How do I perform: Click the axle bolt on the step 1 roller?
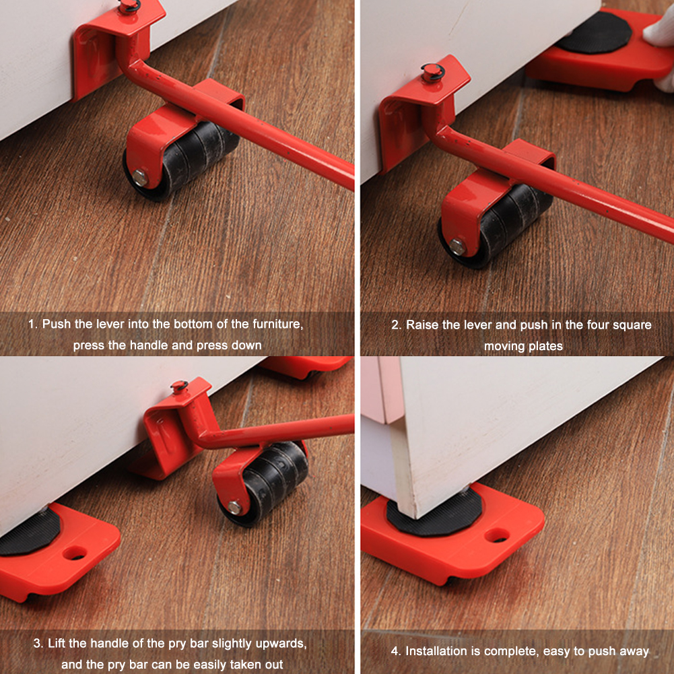point(141,178)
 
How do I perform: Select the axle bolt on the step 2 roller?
point(457,247)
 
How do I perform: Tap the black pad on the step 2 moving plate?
point(593,33)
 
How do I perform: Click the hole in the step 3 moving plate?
point(75,553)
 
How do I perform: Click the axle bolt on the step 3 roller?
point(234,507)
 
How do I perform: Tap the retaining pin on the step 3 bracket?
point(179,386)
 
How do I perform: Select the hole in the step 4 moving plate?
point(497,535)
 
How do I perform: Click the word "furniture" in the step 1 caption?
point(275,324)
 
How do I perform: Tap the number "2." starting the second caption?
point(396,325)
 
